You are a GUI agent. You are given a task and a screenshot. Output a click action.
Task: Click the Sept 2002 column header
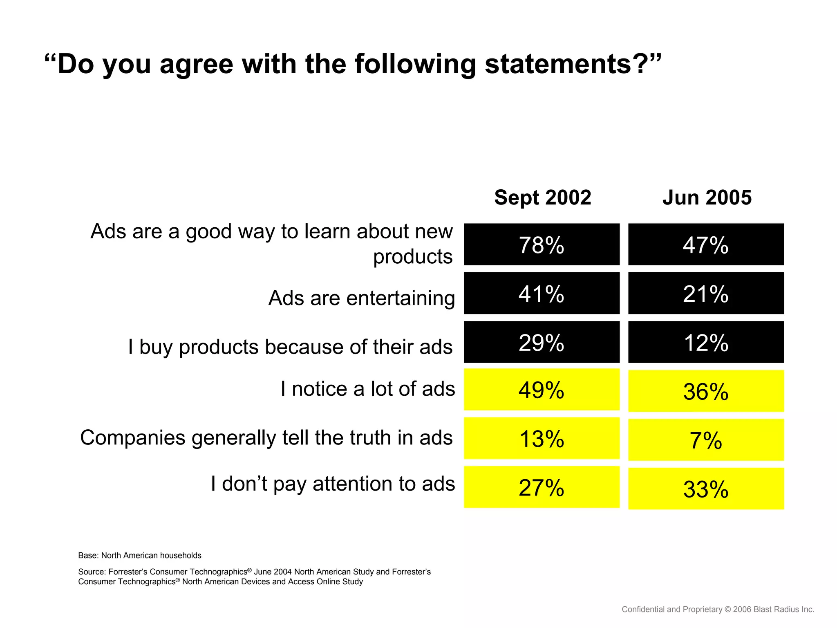(x=542, y=197)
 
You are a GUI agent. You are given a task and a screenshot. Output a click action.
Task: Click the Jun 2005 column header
(x=707, y=197)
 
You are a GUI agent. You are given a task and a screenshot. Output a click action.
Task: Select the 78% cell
(x=542, y=244)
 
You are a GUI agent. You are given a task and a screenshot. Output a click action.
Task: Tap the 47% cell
(x=706, y=244)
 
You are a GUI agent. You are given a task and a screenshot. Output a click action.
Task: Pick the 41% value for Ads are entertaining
(x=542, y=293)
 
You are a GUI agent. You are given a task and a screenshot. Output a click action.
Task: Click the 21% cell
(x=706, y=293)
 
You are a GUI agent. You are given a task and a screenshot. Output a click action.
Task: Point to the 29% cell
(x=542, y=342)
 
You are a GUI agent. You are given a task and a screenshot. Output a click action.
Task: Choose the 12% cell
(x=706, y=342)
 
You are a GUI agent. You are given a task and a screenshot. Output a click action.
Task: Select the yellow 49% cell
(x=542, y=390)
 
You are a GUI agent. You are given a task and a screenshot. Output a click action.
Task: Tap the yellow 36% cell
(x=706, y=391)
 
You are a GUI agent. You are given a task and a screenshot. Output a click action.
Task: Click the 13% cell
(x=542, y=438)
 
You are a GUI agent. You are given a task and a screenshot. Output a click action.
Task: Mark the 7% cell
(x=706, y=440)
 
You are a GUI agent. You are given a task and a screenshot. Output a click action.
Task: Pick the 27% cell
(x=542, y=487)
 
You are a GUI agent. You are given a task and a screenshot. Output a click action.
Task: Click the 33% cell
(x=706, y=489)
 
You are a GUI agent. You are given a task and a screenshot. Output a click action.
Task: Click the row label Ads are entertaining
(x=361, y=298)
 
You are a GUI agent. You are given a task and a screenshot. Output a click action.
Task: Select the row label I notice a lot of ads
(x=367, y=388)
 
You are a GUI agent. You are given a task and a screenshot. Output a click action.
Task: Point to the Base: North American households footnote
(x=140, y=555)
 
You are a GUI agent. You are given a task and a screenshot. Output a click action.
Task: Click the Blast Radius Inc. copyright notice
(x=718, y=609)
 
